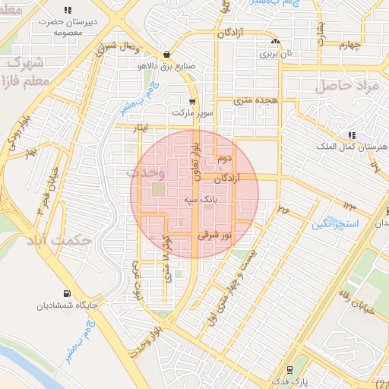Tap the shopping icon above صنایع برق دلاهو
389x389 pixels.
(166, 54)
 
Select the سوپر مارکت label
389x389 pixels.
(194, 114)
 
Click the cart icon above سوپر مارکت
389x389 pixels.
(194, 101)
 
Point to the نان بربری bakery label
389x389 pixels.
(275, 54)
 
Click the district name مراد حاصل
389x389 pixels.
(346, 86)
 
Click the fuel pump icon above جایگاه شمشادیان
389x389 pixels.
(68, 293)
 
